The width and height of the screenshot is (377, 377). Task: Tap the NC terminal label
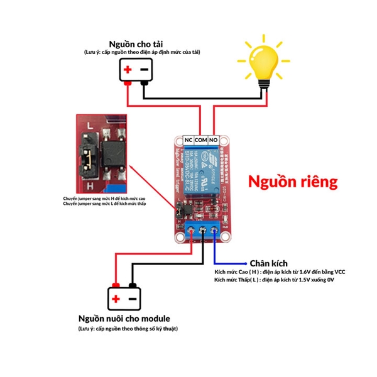click(x=188, y=139)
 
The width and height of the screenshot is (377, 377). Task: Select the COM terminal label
click(x=201, y=139)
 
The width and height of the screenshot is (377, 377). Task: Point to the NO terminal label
click(x=214, y=139)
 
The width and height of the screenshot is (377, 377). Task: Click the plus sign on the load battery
click(x=128, y=70)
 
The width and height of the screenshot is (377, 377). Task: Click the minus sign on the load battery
click(x=144, y=70)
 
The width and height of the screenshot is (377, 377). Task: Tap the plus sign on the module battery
click(x=116, y=297)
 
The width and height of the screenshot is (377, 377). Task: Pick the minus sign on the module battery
click(x=132, y=297)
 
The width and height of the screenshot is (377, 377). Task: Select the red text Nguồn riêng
click(x=293, y=182)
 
